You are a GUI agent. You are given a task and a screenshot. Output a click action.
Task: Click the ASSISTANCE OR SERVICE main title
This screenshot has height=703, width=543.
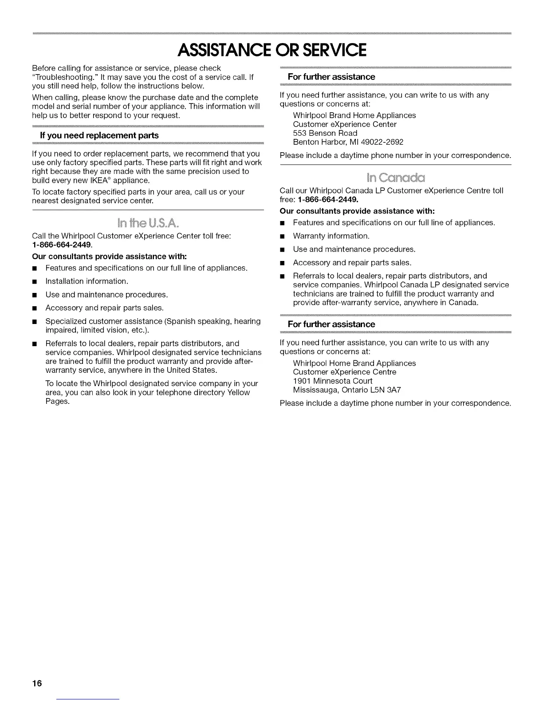tap(271, 50)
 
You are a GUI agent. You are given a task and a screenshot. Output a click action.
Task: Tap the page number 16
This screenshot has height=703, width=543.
tap(36, 683)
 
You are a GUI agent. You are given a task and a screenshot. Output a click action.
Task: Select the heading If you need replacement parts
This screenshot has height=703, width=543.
tap(99, 135)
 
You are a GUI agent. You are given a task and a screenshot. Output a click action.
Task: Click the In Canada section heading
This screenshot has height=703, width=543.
tap(396, 178)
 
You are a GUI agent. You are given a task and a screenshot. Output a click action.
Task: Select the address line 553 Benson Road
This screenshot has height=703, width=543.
tap(325, 133)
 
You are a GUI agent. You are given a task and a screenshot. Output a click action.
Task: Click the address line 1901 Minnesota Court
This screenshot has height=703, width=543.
tap(333, 381)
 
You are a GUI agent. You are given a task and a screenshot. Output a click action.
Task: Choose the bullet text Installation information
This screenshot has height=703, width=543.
tap(87, 281)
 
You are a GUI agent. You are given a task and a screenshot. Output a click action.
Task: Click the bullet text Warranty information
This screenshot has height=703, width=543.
tap(331, 236)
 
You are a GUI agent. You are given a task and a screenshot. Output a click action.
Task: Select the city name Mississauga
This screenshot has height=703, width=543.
tap(315, 390)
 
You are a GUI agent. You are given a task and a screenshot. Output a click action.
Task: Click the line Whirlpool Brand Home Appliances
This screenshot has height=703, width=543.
tap(354, 115)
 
